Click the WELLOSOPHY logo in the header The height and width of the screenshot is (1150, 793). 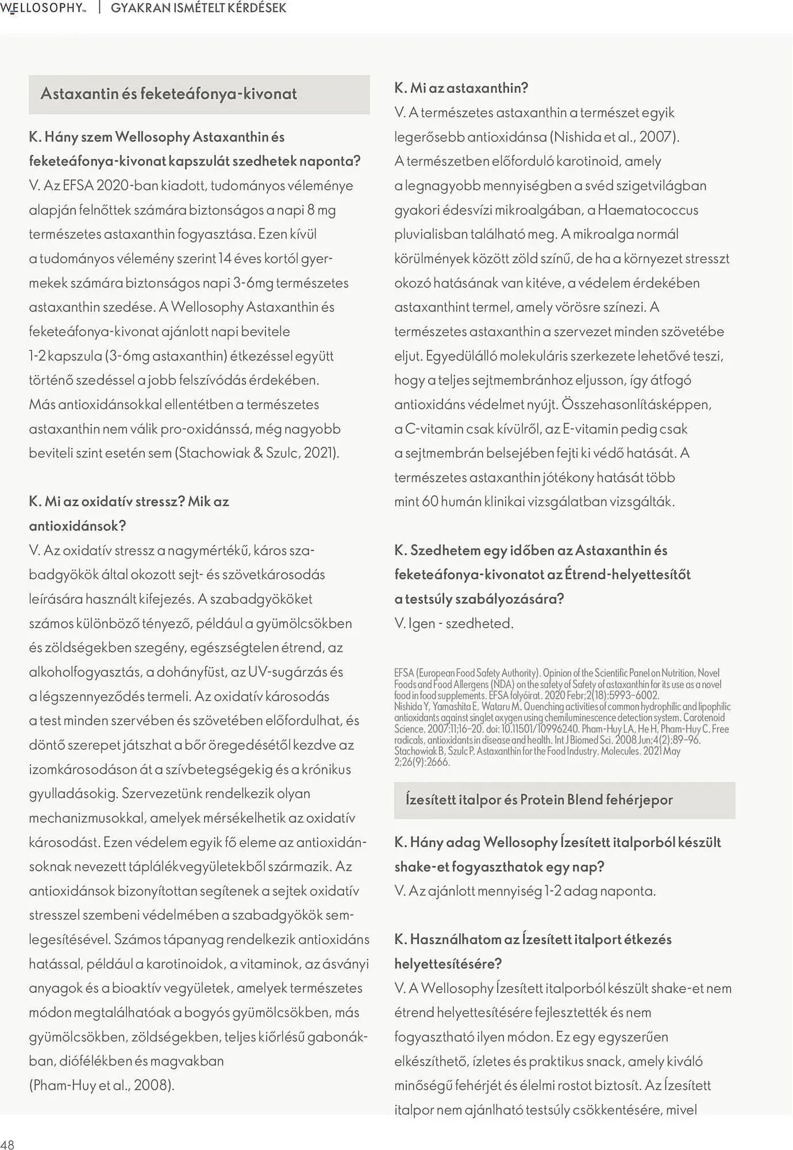pyautogui.click(x=43, y=8)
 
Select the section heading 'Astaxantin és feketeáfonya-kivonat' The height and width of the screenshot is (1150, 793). pyautogui.click(x=168, y=94)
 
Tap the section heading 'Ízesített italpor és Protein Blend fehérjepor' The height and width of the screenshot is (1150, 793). pyautogui.click(x=538, y=799)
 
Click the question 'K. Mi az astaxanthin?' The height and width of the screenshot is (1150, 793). pyautogui.click(x=461, y=88)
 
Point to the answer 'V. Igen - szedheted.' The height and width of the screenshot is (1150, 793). pyautogui.click(x=454, y=623)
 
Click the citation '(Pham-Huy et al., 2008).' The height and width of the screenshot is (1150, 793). pyautogui.click(x=101, y=1085)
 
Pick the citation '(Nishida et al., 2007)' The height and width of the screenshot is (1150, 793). pyautogui.click(x=614, y=137)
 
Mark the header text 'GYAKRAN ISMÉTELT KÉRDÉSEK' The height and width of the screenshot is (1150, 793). pyautogui.click(x=198, y=8)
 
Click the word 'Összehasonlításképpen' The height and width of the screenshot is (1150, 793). pyautogui.click(x=636, y=404)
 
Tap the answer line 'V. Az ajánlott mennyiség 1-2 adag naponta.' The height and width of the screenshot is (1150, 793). pyautogui.click(x=525, y=891)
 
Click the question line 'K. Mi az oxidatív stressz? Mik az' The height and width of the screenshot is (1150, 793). pyautogui.click(x=129, y=501)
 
